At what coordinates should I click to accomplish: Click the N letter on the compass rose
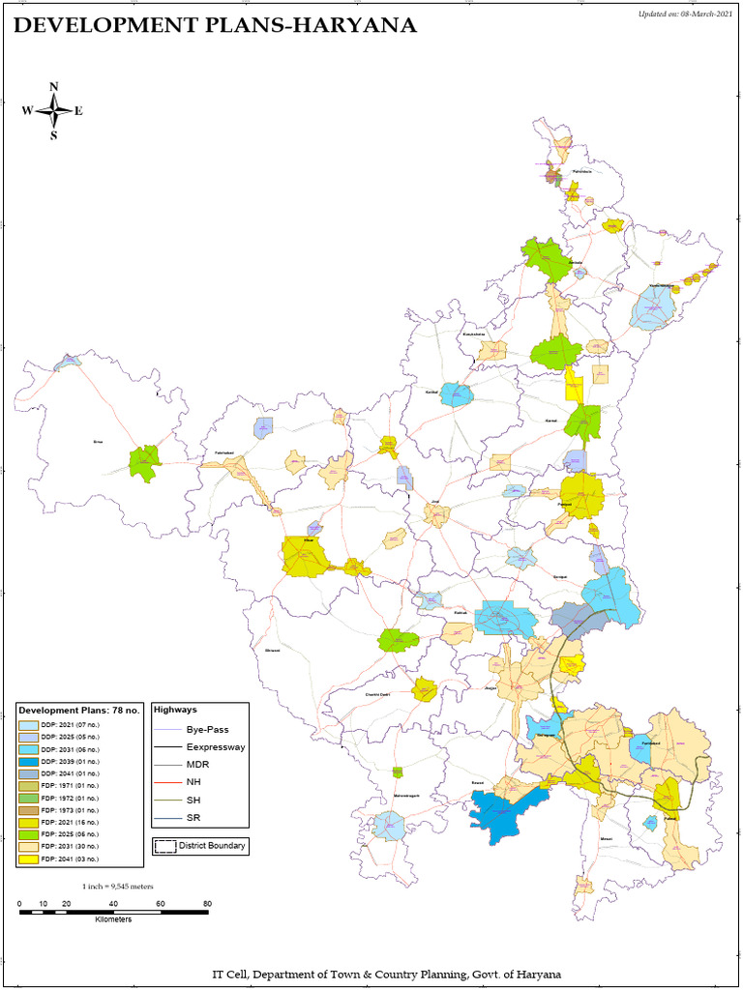(54, 87)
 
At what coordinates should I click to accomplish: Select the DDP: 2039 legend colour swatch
(29, 762)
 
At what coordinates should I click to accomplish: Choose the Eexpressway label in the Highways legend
(216, 747)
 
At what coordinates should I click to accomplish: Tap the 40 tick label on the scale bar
(113, 904)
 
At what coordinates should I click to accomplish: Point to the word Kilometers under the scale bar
(113, 919)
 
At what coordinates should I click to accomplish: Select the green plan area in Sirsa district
(144, 464)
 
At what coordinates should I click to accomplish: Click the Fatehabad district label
(224, 451)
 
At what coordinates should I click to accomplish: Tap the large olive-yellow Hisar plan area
(305, 557)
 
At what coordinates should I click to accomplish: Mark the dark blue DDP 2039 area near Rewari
(503, 806)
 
